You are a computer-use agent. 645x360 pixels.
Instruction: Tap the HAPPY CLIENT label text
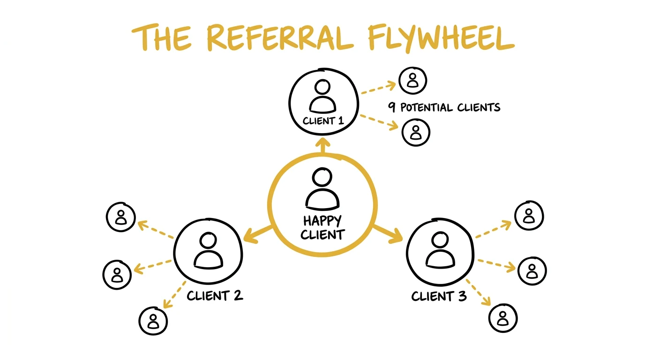pos(322,227)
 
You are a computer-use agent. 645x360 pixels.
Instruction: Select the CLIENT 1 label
pos(323,120)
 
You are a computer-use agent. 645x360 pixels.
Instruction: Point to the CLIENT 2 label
pos(215,296)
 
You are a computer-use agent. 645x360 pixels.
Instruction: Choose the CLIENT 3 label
pos(439,296)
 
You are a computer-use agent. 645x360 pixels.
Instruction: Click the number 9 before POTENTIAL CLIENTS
pos(391,107)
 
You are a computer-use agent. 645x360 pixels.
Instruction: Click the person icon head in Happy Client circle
pos(322,179)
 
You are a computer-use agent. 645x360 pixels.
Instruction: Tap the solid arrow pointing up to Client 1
pos(322,145)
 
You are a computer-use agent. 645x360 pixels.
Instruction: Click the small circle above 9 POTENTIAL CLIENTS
pos(412,80)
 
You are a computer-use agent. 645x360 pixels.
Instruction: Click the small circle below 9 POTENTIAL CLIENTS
pos(416,132)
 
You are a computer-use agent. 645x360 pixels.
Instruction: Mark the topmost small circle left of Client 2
pos(121,217)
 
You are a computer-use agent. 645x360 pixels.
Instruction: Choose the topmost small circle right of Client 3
pos(529,216)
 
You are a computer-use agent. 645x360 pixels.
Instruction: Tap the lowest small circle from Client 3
pos(503,318)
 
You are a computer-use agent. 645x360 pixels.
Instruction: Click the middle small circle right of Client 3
pos(532,270)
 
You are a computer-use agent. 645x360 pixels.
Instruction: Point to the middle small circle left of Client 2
pos(117,274)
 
